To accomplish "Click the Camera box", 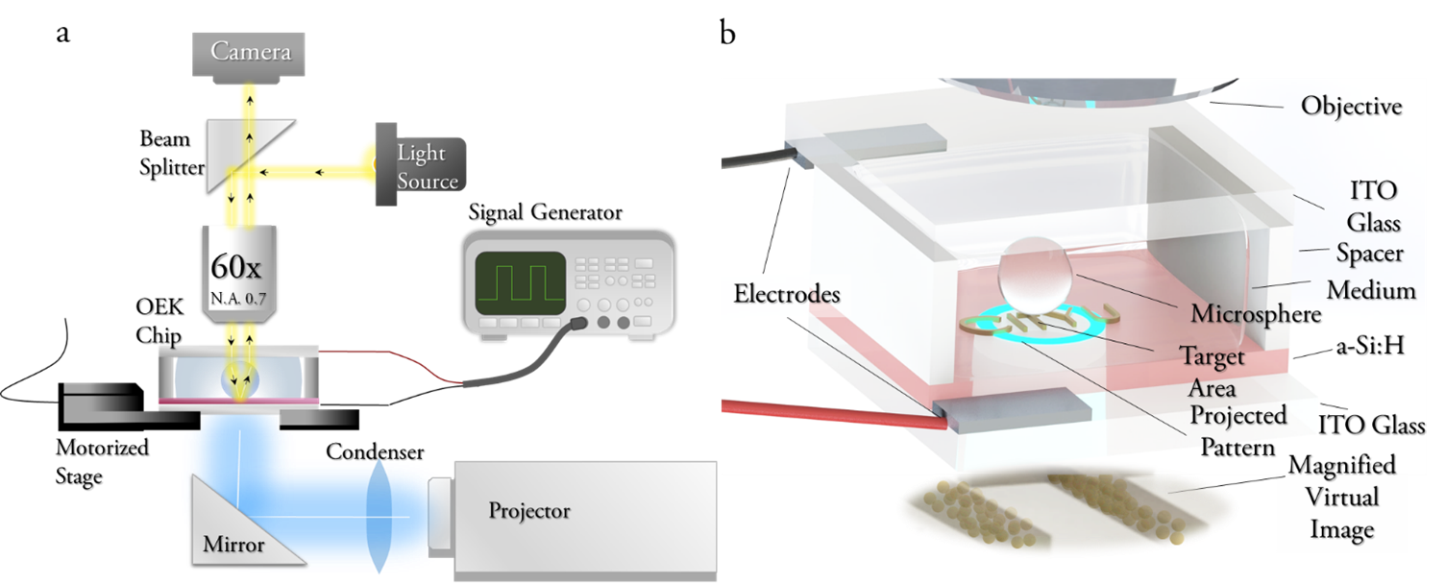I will tap(251, 51).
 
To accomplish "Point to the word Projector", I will tap(529, 510).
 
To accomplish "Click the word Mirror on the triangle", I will tap(233, 545).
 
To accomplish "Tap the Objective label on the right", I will tap(1351, 106).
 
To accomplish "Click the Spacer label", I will tap(1369, 254).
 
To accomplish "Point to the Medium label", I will tap(1371, 290).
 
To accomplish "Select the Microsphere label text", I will tap(1256, 314).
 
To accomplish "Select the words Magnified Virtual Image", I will tap(1341, 498).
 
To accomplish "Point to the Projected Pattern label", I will tap(1237, 431).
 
